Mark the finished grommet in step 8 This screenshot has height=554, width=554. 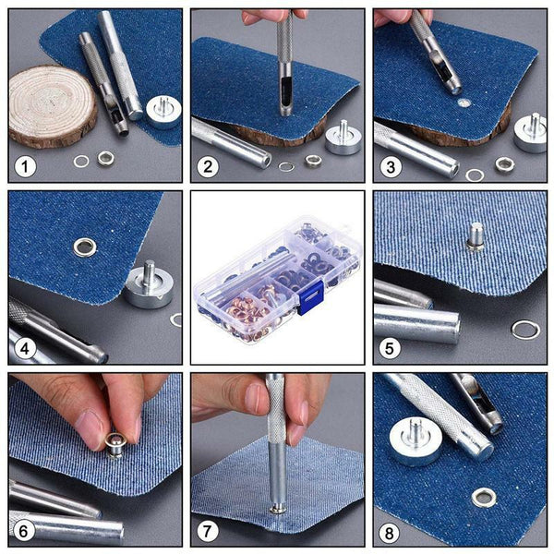483,498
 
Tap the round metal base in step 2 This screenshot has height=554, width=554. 343,138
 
